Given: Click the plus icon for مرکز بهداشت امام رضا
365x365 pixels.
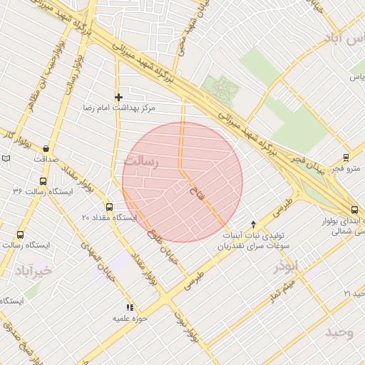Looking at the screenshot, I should (x=118, y=97).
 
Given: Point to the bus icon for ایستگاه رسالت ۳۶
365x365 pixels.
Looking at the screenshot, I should (x=43, y=181).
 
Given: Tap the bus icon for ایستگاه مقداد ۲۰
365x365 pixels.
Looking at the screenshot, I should (x=108, y=206).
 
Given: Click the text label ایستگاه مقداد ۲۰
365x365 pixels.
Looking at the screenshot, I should (x=108, y=217).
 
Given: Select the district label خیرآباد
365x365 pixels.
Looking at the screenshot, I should (x=33, y=270).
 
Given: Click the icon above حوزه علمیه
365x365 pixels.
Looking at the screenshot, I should (x=129, y=307).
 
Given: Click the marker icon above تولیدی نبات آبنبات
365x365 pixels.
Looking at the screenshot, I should (x=254, y=224).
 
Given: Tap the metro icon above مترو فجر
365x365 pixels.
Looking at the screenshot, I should (x=346, y=158).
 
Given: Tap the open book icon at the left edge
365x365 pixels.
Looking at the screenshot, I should (x=6, y=157).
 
